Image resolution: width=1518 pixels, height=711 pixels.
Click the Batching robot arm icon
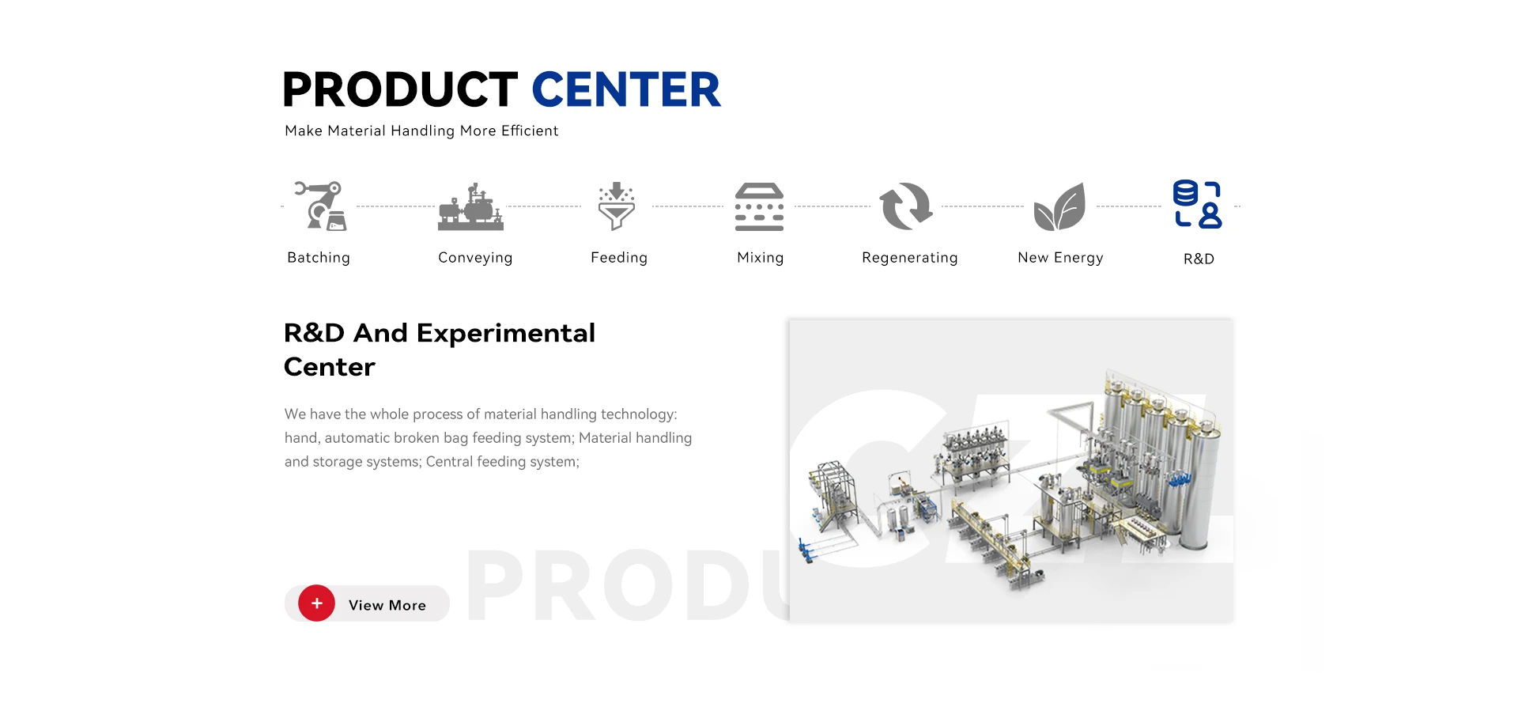pyautogui.click(x=321, y=206)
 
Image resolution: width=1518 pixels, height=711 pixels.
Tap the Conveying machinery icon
pyautogui.click(x=471, y=206)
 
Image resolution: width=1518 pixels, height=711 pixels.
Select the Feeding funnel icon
pyautogui.click(x=617, y=206)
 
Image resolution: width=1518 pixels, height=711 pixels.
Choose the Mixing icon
pyautogui.click(x=759, y=206)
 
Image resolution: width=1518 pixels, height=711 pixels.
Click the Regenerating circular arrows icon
pyautogui.click(x=907, y=206)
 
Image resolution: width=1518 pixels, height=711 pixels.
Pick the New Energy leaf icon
pyautogui.click(x=1059, y=206)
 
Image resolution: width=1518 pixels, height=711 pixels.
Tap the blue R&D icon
pyautogui.click(x=1197, y=204)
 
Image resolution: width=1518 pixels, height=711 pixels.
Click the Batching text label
pyautogui.click(x=319, y=258)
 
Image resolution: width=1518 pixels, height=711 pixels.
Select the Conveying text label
pyautogui.click(x=475, y=258)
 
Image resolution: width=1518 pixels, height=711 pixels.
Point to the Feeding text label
pyautogui.click(x=619, y=258)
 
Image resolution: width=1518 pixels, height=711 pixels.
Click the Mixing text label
pyautogui.click(x=761, y=258)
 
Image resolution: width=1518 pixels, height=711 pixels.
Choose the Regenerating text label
pyautogui.click(x=910, y=258)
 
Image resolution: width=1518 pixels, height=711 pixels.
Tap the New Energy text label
pyautogui.click(x=1060, y=258)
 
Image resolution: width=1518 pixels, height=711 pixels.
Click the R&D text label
pyautogui.click(x=1199, y=259)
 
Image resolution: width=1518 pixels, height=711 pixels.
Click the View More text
pyautogui.click(x=387, y=605)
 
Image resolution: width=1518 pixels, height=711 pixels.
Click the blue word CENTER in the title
pyautogui.click(x=626, y=89)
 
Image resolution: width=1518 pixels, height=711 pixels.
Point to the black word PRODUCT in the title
pyautogui.click(x=400, y=89)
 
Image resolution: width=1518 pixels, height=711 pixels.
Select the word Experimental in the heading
pyautogui.click(x=506, y=334)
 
